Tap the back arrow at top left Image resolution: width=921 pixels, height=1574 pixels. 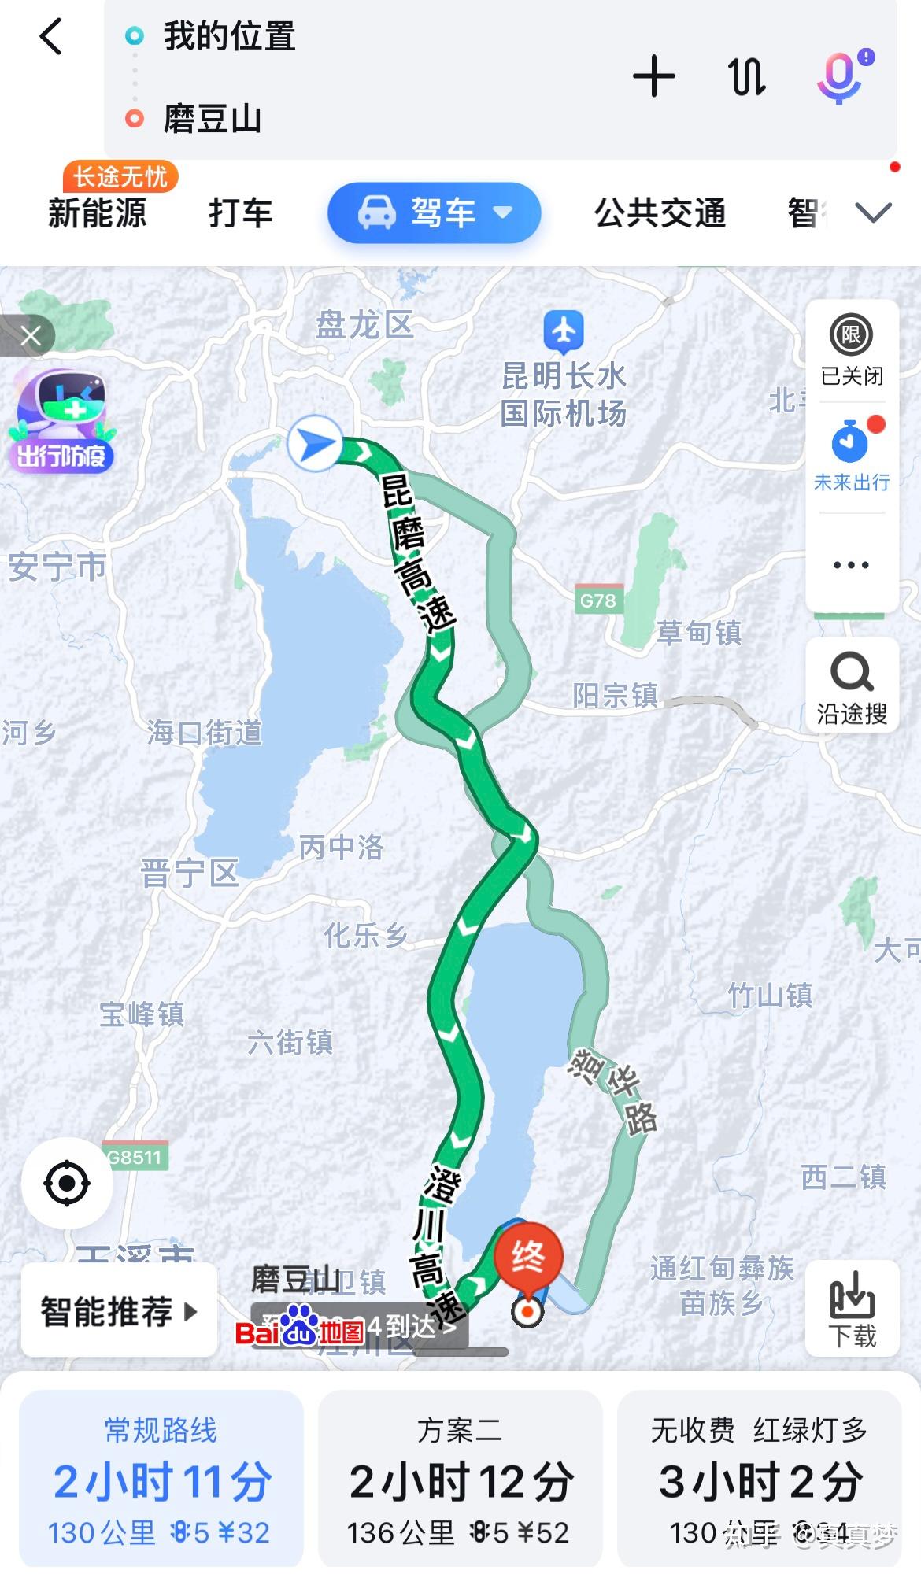(51, 37)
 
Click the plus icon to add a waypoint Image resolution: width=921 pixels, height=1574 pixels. (653, 76)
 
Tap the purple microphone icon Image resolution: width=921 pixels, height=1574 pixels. (840, 77)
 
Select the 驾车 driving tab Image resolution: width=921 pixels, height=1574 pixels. (434, 212)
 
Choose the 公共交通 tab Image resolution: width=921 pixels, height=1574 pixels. (660, 213)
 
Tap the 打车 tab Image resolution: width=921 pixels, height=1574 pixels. (240, 213)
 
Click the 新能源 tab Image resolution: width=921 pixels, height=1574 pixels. (98, 213)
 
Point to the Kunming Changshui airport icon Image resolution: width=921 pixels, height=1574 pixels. (564, 331)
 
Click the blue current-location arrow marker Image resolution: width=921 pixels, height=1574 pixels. (315, 444)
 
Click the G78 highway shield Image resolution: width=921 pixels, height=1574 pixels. (598, 600)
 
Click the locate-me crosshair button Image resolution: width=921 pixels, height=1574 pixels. (67, 1183)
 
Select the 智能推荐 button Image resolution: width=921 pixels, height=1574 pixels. (119, 1311)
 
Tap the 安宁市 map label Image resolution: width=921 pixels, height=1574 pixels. (57, 567)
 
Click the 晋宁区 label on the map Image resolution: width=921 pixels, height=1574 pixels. (189, 873)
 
